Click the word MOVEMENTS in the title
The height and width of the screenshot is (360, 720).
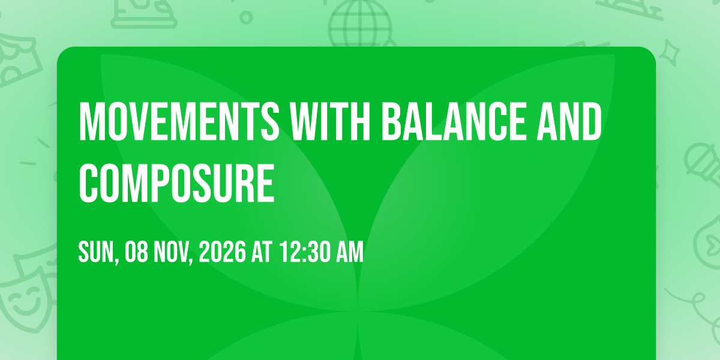tap(179, 121)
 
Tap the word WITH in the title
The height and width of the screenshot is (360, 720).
tap(330, 121)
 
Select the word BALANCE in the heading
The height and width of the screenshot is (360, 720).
tap(454, 121)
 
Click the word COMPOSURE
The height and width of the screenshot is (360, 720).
tap(177, 184)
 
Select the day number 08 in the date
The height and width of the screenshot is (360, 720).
tap(136, 252)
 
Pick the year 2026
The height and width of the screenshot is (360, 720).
tap(223, 252)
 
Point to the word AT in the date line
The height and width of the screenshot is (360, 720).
tap(262, 252)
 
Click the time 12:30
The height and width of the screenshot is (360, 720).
tap(305, 252)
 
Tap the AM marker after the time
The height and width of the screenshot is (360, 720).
tap(350, 252)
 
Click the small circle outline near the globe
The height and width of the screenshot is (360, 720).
tap(246, 17)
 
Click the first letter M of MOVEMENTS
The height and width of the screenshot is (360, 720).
tap(89, 121)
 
